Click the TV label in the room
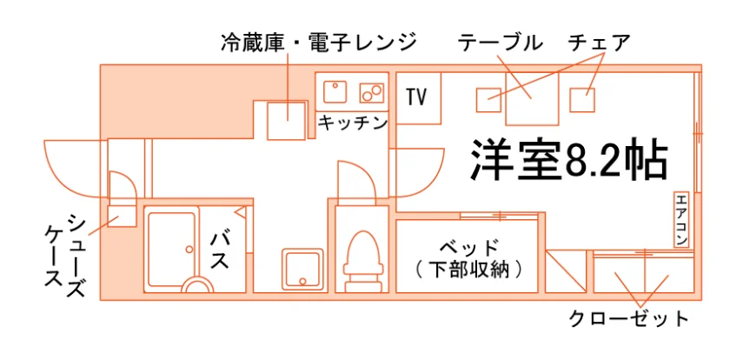(416, 97)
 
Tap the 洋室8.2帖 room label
(569, 160)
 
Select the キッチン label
(353, 123)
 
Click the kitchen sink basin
(335, 92)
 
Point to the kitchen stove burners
(372, 93)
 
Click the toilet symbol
(363, 261)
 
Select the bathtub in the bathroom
(171, 250)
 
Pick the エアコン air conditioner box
(680, 220)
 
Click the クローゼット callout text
(629, 319)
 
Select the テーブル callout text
(501, 43)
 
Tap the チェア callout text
(598, 43)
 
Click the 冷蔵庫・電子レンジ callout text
(318, 43)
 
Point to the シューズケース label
(65, 256)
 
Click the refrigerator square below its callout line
(287, 121)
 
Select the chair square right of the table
(582, 100)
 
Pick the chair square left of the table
(488, 100)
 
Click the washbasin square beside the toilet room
(302, 269)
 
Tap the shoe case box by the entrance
(122, 216)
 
